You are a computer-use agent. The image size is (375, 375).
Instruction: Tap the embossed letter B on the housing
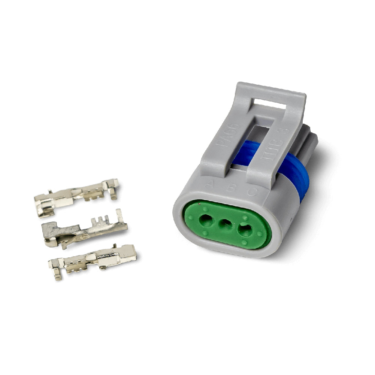click(231, 187)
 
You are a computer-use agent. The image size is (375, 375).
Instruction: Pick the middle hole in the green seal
click(226, 224)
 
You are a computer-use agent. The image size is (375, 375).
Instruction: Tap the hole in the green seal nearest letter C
click(245, 229)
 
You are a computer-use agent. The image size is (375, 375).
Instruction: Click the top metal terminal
click(77, 197)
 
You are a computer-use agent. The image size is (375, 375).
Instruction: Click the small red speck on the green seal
click(200, 205)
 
